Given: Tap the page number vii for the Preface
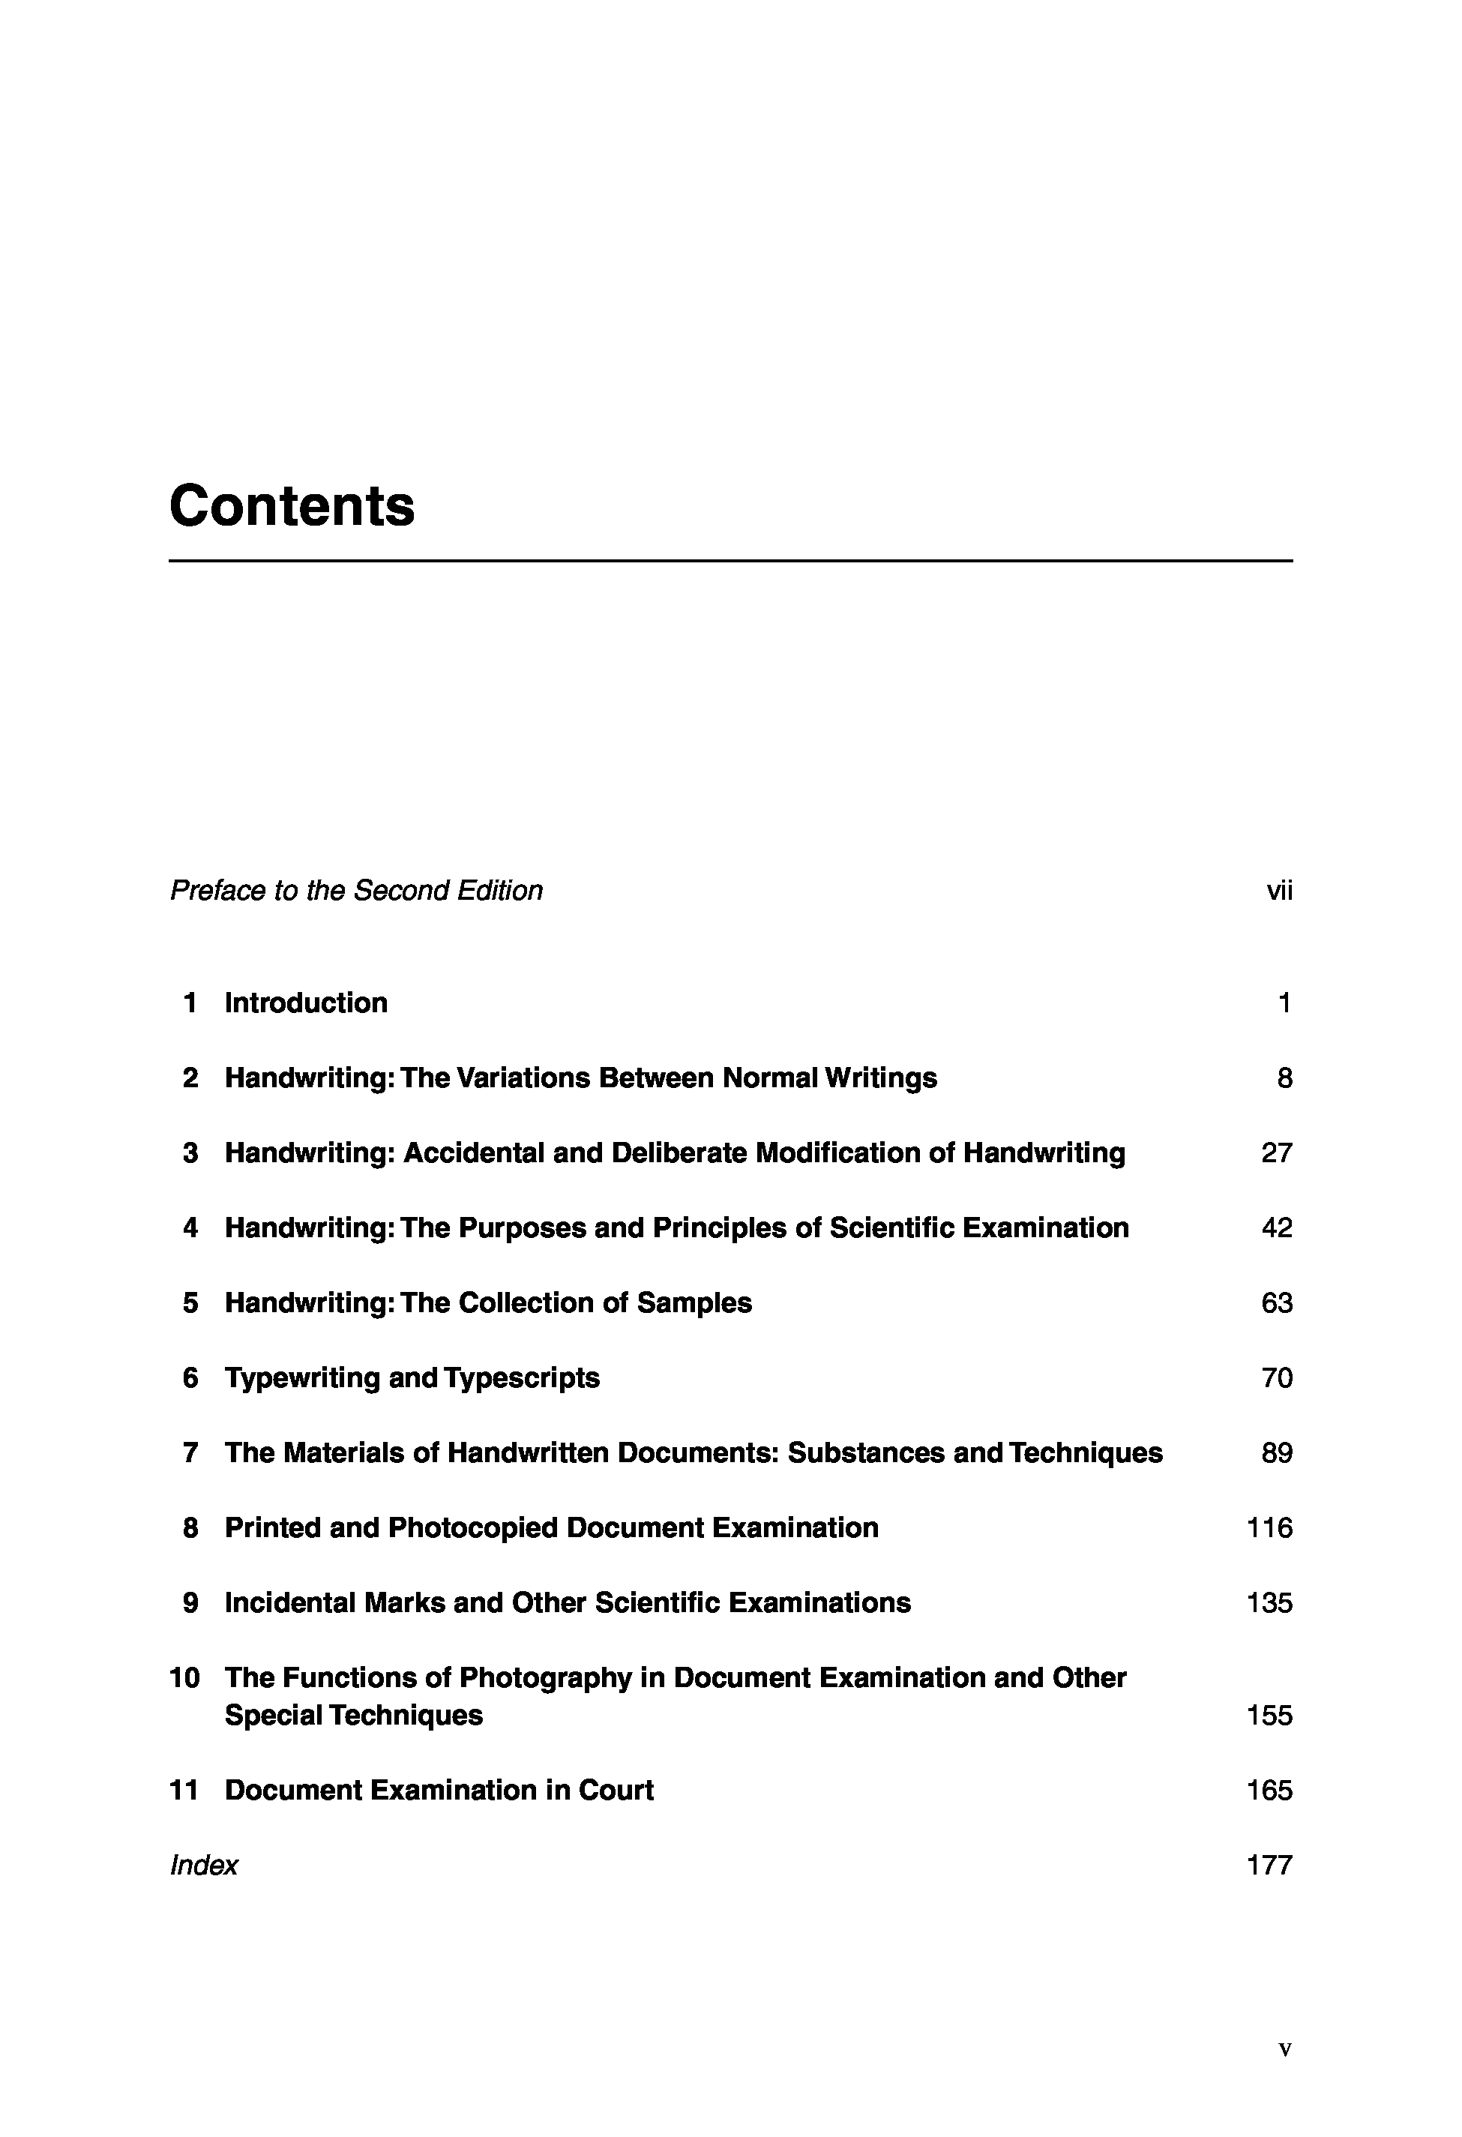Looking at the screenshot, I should (x=1279, y=890).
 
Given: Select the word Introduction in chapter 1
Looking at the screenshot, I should (x=305, y=1003).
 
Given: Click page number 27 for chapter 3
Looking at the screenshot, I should (x=1276, y=1152).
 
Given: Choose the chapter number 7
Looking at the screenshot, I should (x=190, y=1453).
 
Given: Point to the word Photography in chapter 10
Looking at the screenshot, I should (x=545, y=1678).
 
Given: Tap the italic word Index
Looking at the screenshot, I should (x=204, y=1865).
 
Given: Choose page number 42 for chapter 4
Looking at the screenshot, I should (x=1276, y=1227).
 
